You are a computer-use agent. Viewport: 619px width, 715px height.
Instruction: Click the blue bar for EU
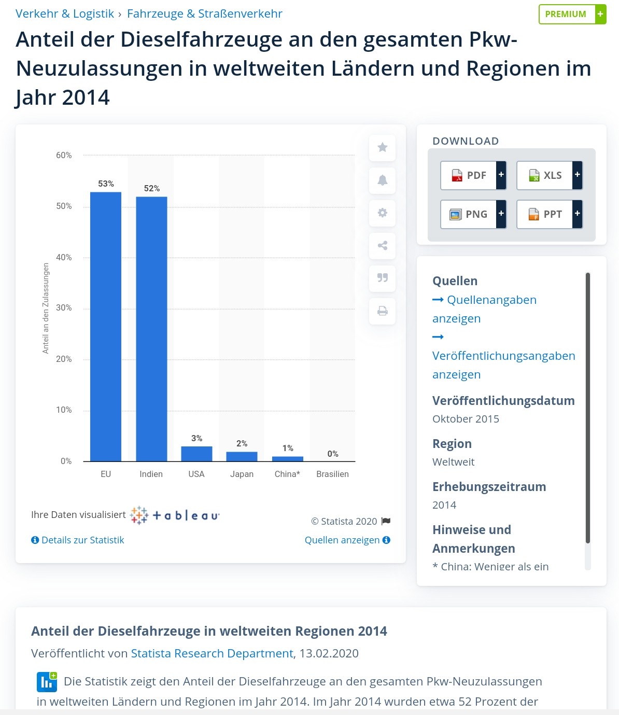[x=106, y=327]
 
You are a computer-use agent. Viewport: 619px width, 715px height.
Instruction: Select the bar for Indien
[x=151, y=329]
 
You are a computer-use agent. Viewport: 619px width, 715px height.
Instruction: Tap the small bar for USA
[x=196, y=454]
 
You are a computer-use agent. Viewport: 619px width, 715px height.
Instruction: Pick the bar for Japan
[x=242, y=456]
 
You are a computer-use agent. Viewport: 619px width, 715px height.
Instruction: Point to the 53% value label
[x=106, y=184]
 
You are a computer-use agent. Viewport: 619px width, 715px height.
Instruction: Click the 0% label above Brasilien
[x=333, y=454]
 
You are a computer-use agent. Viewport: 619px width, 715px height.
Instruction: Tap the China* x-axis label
[x=287, y=474]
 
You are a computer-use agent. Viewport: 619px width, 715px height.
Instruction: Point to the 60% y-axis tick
[x=64, y=155]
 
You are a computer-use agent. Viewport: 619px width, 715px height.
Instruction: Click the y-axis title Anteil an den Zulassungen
[x=46, y=308]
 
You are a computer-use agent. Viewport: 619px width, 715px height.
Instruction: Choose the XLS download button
[x=549, y=175]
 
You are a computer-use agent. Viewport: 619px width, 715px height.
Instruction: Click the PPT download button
[x=549, y=214]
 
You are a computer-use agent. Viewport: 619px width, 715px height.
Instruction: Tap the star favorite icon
[x=383, y=147]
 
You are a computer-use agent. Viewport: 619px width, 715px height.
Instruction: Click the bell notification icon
[x=383, y=180]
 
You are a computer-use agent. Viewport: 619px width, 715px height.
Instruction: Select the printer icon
[x=383, y=311]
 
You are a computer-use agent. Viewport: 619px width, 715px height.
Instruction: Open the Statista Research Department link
[x=212, y=653]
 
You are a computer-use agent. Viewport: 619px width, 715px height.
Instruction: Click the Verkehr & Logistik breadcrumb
[x=65, y=13]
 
